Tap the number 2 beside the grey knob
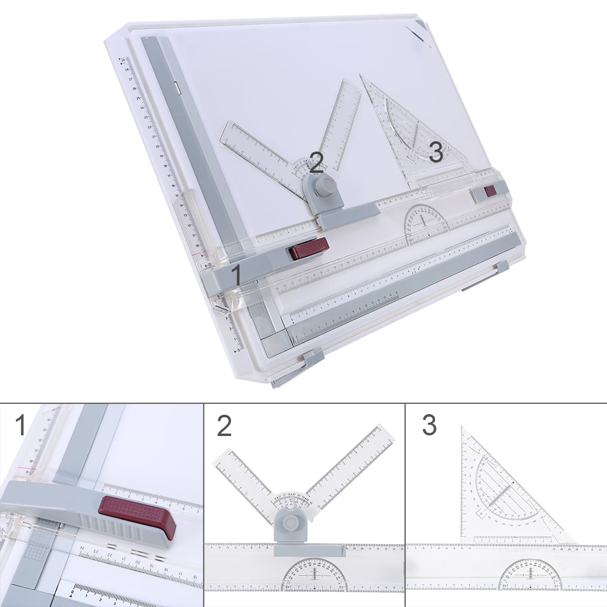[x=316, y=163]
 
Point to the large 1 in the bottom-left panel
[x=21, y=425]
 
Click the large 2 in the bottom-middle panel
[x=224, y=426]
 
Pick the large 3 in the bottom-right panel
[x=429, y=426]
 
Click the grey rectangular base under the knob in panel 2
[x=309, y=549]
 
